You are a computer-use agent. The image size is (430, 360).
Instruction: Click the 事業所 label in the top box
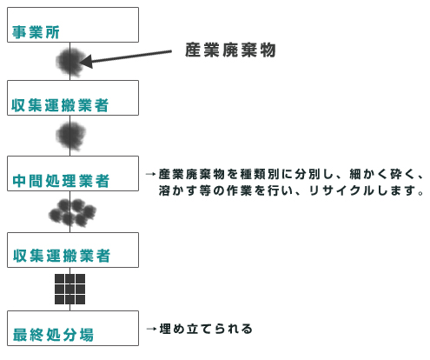tap(36, 32)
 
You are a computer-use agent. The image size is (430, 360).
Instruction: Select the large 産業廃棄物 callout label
tap(230, 50)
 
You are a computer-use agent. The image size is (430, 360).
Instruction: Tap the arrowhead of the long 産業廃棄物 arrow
tap(86, 62)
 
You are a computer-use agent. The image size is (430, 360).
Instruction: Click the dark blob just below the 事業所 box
tap(70, 62)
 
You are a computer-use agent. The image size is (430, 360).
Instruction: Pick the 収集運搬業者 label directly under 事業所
tap(60, 105)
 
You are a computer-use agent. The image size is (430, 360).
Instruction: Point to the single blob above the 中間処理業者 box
tap(71, 136)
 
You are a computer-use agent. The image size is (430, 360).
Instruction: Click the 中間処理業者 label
tap(61, 181)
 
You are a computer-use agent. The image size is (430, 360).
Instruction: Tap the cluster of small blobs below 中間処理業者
tap(72, 212)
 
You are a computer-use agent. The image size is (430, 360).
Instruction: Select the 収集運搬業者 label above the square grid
tap(62, 256)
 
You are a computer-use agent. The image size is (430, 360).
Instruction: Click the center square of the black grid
tap(69, 289)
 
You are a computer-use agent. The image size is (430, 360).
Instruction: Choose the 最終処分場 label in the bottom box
tap(53, 335)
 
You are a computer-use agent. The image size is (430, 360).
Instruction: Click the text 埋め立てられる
tap(206, 329)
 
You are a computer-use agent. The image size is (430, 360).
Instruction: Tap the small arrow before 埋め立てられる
tap(151, 329)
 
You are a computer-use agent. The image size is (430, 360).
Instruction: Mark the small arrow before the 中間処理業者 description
tap(151, 174)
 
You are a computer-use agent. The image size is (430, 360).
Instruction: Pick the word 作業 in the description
tap(239, 190)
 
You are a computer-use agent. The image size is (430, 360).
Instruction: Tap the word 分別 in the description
tap(308, 174)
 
